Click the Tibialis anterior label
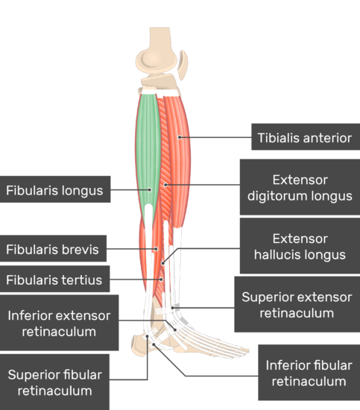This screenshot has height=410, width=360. coord(304,138)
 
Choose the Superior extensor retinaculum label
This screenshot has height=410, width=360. coord(297,305)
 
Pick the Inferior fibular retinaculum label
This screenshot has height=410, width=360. coord(309,373)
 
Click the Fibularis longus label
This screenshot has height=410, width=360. coord(54,191)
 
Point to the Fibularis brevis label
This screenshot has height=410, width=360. coord(51,250)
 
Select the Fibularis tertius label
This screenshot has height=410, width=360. coord(54,280)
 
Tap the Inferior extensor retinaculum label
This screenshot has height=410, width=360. coord(59,323)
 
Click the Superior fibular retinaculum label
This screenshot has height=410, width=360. coord(54,382)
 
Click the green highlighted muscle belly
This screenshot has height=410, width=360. coord(148,142)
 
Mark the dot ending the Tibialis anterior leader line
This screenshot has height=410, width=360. coord(179,138)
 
